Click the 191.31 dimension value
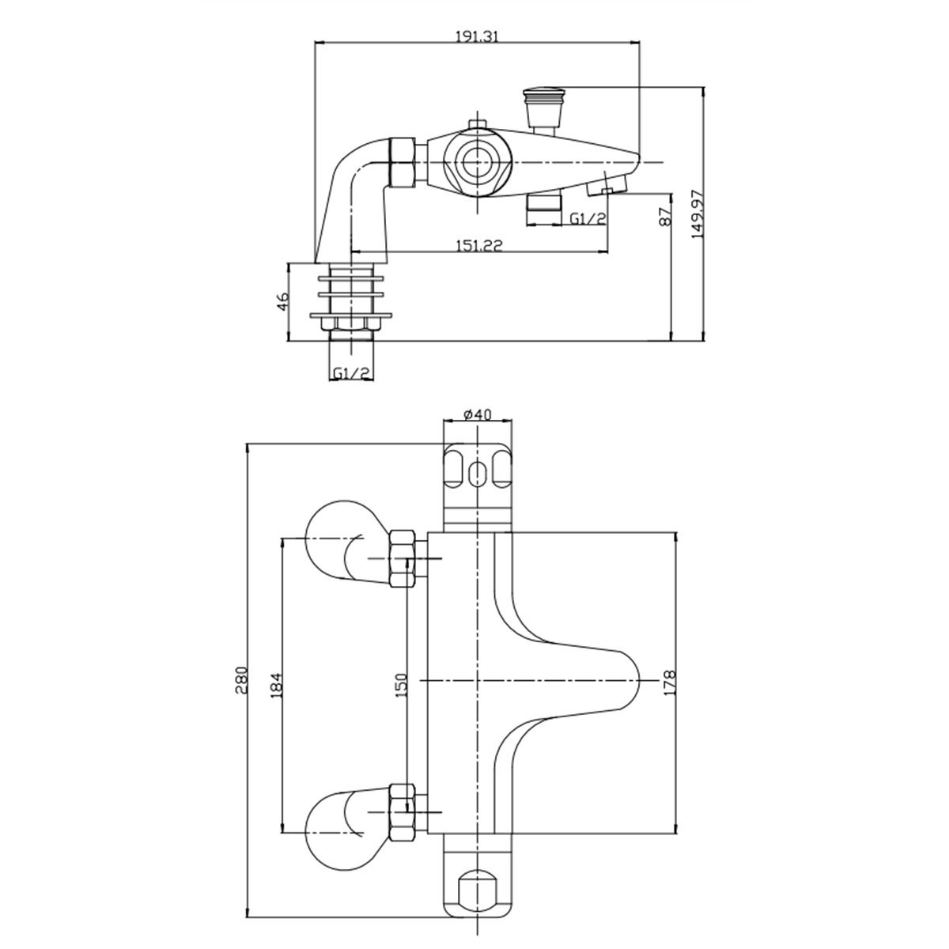476,37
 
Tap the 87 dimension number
665,215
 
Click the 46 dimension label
282,302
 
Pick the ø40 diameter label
478,414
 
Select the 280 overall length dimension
242,680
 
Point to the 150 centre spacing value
402,685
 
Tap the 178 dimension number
671,682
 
